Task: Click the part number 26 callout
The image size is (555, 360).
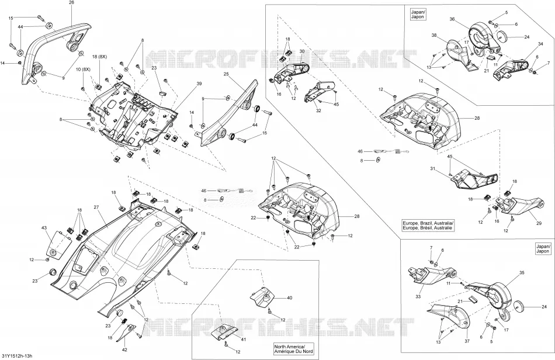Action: coord(71,2)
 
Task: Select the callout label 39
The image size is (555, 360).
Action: coord(199,84)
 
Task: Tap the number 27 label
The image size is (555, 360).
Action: coord(96,207)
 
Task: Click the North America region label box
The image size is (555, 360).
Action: coord(293,349)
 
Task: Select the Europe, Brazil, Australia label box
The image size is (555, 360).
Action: coord(428,226)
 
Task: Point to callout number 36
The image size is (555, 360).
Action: coord(452,19)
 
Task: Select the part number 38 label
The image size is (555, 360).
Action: coord(434,36)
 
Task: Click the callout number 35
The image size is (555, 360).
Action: coord(522,273)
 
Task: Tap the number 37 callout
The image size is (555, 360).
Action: coord(467,341)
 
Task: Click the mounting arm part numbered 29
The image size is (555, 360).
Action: coord(521,205)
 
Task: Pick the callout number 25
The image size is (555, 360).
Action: coord(227,74)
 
